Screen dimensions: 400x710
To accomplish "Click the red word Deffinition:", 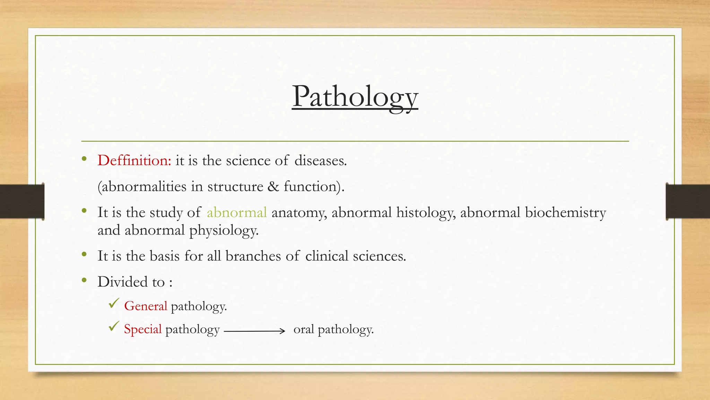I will tap(135, 160).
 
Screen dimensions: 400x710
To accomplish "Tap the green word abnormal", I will tap(237, 212).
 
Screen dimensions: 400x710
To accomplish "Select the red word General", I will tap(146, 306).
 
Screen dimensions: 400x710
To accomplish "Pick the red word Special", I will tap(143, 329).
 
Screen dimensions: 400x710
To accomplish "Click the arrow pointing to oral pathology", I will tap(255, 331).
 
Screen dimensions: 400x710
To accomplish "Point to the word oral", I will tap(303, 329).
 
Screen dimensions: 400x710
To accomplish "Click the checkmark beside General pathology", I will tap(114, 303).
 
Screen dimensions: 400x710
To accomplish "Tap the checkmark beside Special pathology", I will tap(114, 326).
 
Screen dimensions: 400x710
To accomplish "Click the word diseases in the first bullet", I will tap(320, 160).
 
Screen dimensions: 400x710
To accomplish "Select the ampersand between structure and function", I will tap(273, 186).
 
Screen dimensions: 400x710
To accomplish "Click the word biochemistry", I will tap(565, 212).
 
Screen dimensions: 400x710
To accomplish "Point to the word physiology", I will tap(224, 231).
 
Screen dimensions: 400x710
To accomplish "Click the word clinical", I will tap(327, 256).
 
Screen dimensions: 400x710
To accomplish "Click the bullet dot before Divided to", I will tap(84, 280).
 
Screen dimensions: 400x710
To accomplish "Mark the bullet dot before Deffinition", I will tap(84, 159).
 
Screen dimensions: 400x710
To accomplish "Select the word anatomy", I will tap(299, 212).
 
